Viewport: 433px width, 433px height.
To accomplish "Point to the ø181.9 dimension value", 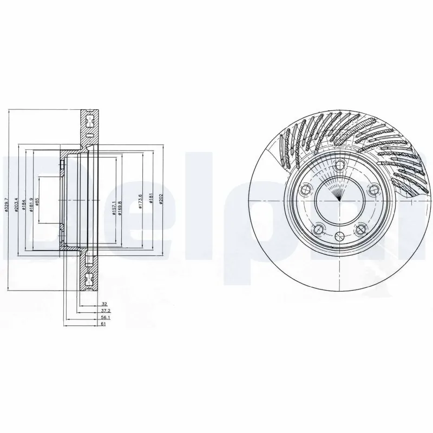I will (32, 206).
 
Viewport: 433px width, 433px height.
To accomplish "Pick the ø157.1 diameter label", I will (114, 206).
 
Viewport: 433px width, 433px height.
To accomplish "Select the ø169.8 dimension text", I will (121, 206).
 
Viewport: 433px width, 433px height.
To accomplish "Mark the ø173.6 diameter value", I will (141, 202).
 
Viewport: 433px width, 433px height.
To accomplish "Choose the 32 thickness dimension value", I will (102, 305).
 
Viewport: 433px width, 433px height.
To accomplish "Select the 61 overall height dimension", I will (102, 325).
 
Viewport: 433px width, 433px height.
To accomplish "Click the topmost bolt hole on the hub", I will (339, 166).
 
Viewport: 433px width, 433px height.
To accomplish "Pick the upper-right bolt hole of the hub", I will (372, 189).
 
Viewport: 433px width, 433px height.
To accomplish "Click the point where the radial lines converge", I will (339, 200).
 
